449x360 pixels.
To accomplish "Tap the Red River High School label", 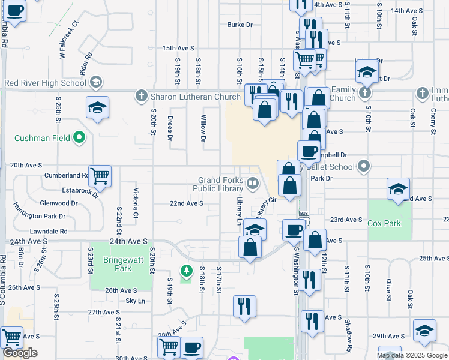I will point(46,83).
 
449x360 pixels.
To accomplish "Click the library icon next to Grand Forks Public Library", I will point(253,184).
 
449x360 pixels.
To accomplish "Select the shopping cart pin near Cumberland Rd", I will point(99,176).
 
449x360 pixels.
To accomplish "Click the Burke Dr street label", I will point(240,25).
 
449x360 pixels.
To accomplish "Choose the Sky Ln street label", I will point(135,301).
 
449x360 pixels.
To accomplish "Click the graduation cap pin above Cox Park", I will point(398,188).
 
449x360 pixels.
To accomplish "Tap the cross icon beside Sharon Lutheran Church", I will point(141,96).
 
